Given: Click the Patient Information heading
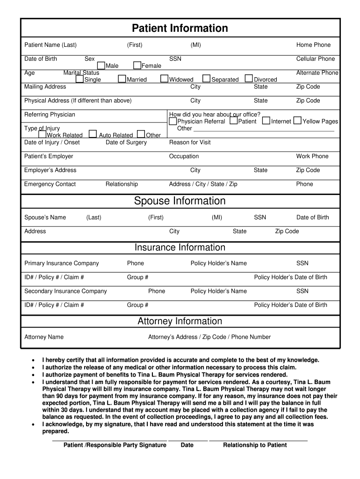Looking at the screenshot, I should tap(180, 28).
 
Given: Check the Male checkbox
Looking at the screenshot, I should tap(101, 65).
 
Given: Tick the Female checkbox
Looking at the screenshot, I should tap(137, 65).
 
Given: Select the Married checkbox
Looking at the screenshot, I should tap(122, 79).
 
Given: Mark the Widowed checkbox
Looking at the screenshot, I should tap(164, 79).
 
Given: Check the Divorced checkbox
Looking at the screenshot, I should tap(249, 79).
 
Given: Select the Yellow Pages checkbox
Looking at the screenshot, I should tap(297, 121).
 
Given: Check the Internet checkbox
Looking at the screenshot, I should tap(266, 121).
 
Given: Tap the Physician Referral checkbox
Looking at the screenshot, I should tap(173, 121).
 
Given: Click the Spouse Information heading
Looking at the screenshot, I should tap(180, 201).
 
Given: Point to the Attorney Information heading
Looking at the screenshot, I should tap(180, 321).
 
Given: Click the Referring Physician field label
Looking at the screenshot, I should tap(50, 115).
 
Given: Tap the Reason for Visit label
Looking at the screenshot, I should tap(190, 142).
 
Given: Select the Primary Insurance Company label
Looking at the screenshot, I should tap(62, 263).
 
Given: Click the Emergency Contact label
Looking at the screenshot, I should tap(50, 184).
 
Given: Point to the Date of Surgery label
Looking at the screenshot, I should tap(126, 142).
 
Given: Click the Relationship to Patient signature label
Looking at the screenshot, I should tap(255, 445).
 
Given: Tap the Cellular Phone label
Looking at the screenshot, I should tap(316, 59).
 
